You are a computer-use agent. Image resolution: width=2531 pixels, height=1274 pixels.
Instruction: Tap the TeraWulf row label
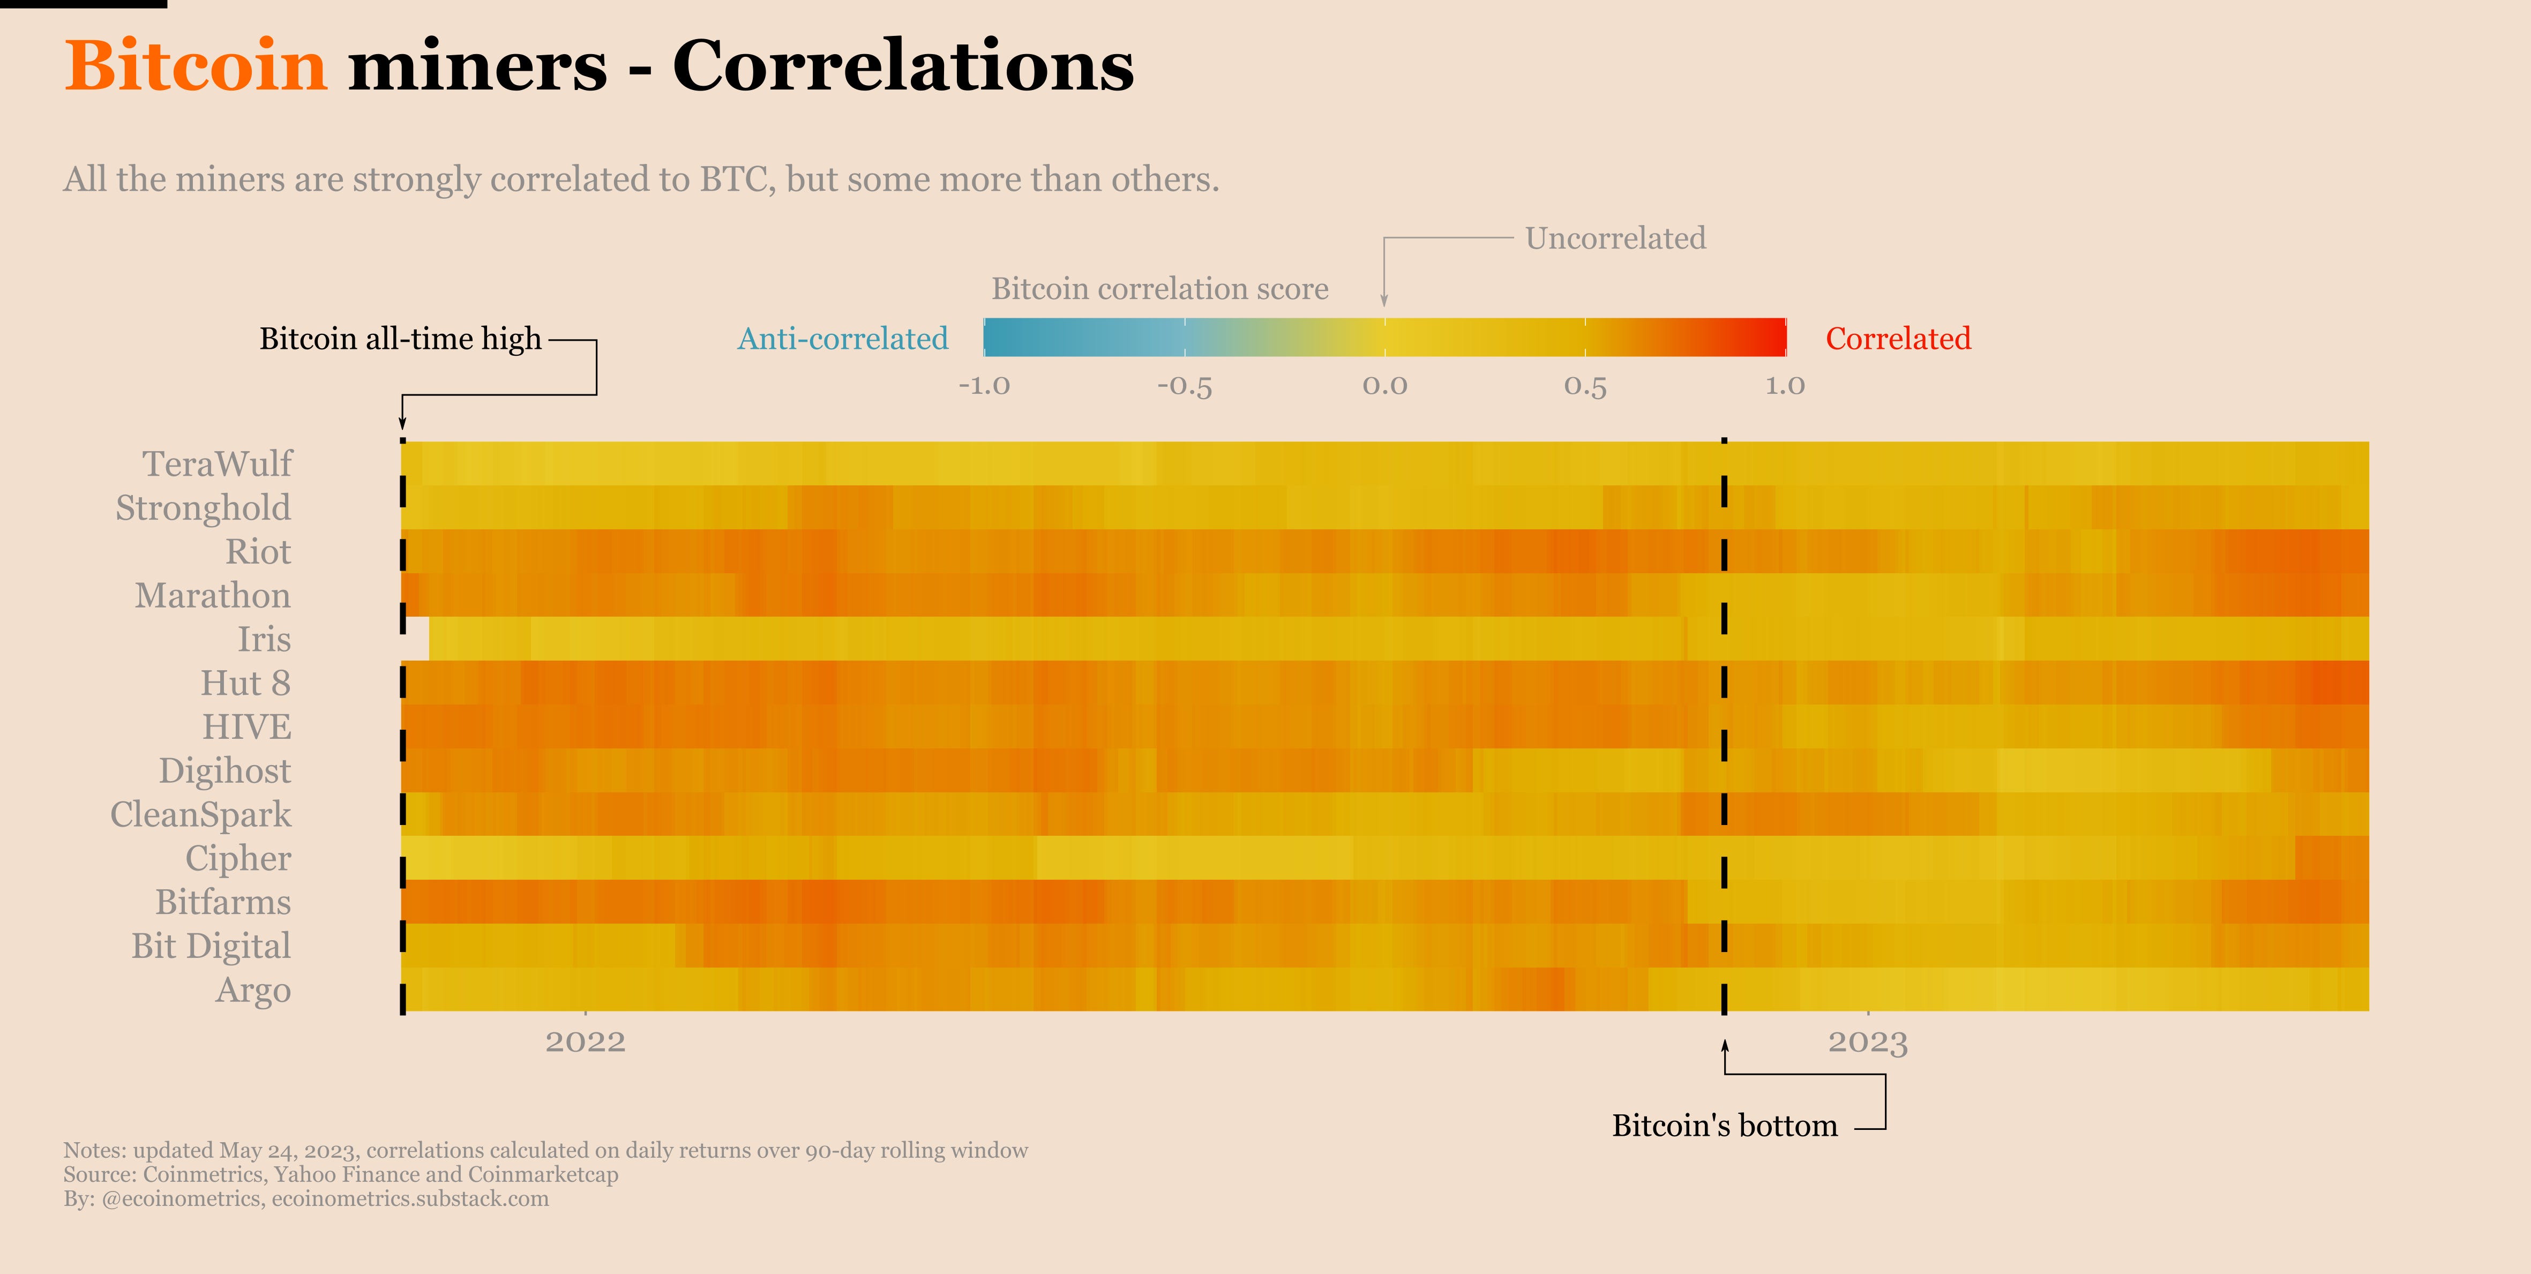(x=217, y=463)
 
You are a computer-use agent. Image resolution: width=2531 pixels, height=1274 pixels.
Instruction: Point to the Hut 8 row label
(x=245, y=683)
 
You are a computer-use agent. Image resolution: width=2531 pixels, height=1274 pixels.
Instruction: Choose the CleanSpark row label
(x=200, y=814)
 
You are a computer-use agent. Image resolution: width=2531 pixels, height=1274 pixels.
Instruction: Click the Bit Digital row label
(x=211, y=946)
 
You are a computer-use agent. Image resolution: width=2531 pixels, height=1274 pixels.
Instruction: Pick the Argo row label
(x=253, y=990)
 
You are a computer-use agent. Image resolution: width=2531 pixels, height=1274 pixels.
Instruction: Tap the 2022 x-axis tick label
(x=586, y=1042)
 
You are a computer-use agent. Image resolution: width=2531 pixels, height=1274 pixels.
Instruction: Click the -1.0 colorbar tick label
(x=985, y=385)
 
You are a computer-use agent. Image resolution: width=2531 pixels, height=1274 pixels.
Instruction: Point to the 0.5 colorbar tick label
(x=1585, y=385)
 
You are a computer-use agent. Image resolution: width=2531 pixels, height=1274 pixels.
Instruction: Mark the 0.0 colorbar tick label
(x=1384, y=385)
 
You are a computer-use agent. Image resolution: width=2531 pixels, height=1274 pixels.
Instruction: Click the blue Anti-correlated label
(x=843, y=339)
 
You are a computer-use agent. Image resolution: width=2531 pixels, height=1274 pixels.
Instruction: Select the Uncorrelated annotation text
(x=1615, y=239)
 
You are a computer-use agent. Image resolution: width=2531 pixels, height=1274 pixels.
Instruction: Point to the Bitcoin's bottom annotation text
(x=1724, y=1126)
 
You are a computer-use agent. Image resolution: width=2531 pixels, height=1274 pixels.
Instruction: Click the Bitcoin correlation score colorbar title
(x=1159, y=289)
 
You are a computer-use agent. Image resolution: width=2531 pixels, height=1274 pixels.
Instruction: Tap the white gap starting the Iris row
(x=417, y=639)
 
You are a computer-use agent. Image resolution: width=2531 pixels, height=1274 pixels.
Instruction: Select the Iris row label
(x=264, y=640)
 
